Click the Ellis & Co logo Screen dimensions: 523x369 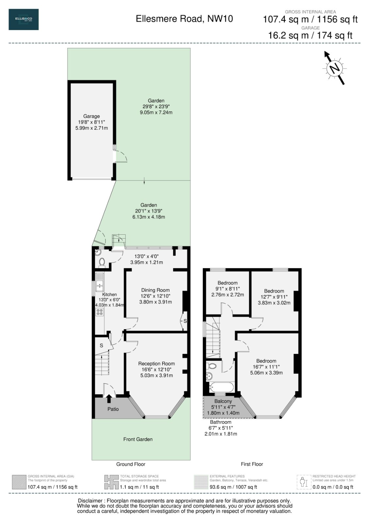[x=24, y=19]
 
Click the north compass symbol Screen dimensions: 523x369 [x=334, y=68]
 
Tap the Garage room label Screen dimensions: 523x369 [x=91, y=116]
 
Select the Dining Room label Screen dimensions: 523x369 [x=155, y=290]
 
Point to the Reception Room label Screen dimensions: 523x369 [x=156, y=363]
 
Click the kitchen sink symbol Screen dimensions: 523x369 [x=100, y=286]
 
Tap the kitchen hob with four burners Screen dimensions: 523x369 [x=100, y=312]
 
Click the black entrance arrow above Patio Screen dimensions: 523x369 [x=109, y=398]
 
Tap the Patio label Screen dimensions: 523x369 [x=113, y=409]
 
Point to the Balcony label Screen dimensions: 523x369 [x=223, y=401]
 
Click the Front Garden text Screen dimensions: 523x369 [x=138, y=439]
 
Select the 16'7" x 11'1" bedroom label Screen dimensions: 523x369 [x=266, y=361]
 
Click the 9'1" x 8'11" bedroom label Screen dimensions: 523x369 [x=228, y=283]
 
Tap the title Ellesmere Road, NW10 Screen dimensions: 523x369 [x=184, y=19]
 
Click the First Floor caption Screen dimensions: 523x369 [x=252, y=464]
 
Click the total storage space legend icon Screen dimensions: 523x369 [x=111, y=482]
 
